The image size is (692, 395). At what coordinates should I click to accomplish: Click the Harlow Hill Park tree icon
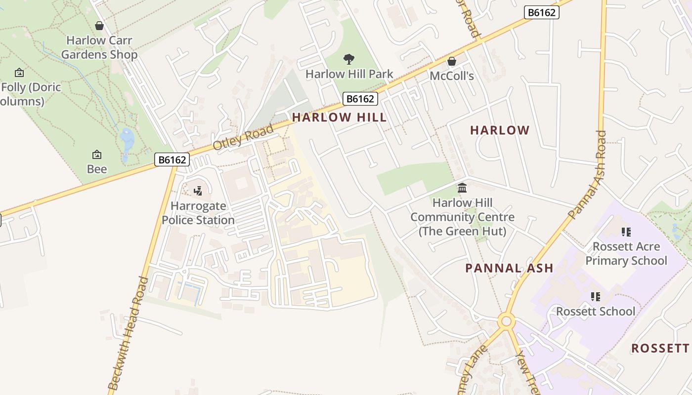click(x=349, y=59)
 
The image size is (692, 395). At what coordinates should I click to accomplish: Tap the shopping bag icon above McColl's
click(x=451, y=62)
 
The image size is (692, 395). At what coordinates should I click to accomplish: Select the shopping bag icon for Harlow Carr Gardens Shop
click(x=99, y=26)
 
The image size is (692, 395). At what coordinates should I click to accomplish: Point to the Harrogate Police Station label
click(x=198, y=213)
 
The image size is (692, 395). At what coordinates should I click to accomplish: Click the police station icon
click(x=198, y=191)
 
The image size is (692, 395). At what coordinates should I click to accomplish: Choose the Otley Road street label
click(x=243, y=138)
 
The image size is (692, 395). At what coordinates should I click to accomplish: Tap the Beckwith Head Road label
click(x=128, y=334)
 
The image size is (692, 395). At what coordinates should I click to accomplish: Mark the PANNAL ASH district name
click(x=509, y=268)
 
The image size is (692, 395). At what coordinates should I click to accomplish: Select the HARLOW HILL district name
click(x=340, y=117)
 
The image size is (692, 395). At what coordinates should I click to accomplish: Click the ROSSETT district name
click(x=660, y=348)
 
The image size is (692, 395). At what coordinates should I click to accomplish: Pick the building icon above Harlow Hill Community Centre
click(x=462, y=188)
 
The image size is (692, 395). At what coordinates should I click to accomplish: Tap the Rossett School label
click(x=596, y=312)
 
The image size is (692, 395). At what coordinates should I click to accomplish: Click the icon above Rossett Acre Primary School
click(x=626, y=232)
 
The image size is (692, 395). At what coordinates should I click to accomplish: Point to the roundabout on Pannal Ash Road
click(x=506, y=321)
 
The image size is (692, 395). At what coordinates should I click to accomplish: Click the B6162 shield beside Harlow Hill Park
click(x=360, y=99)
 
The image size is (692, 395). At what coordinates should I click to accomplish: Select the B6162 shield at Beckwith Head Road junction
click(x=172, y=159)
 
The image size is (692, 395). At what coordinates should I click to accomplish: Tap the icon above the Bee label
click(x=97, y=155)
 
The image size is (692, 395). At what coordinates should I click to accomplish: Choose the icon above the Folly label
click(x=19, y=73)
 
